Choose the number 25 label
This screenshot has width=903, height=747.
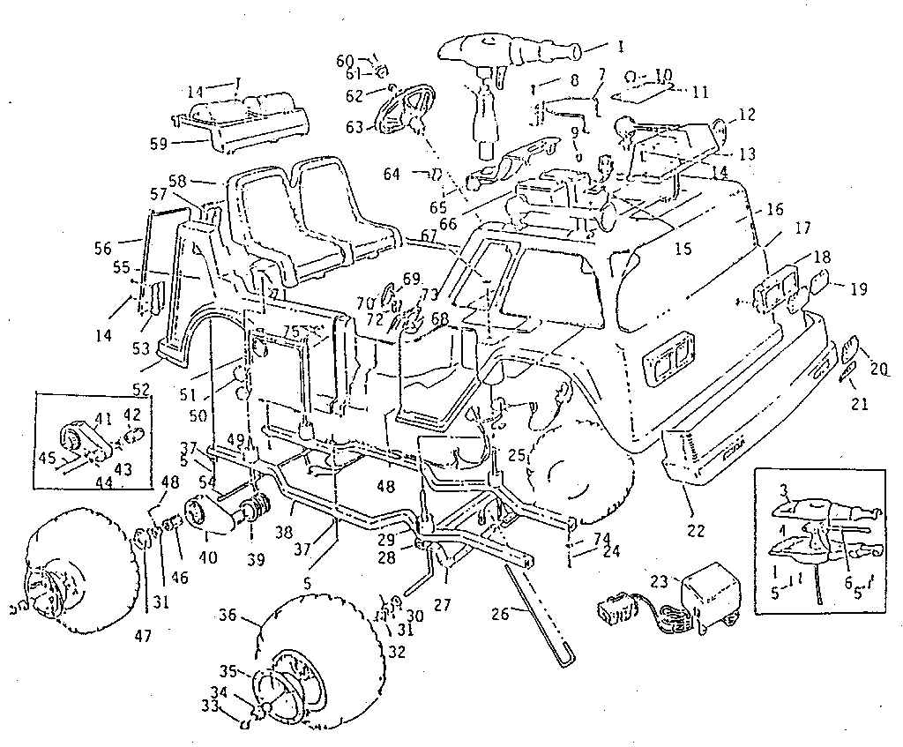516,456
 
